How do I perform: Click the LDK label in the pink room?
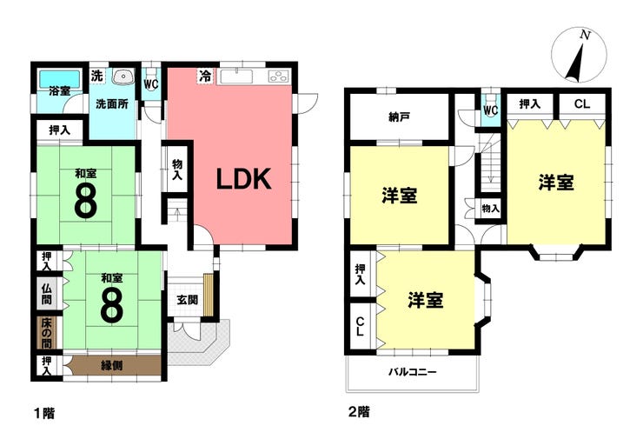[x=243, y=179]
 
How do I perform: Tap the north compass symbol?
[x=579, y=56]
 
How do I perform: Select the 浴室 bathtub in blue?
[x=60, y=78]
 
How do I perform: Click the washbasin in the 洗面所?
[x=123, y=76]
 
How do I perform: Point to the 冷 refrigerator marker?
[x=205, y=76]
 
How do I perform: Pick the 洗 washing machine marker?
[x=96, y=76]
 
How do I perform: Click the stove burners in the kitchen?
[x=279, y=76]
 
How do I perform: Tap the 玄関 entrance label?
[x=187, y=300]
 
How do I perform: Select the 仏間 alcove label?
[x=46, y=294]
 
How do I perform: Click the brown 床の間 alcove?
[x=46, y=332]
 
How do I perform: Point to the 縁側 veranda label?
[x=111, y=365]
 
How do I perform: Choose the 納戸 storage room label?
[x=400, y=117]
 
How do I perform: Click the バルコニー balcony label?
[x=413, y=373]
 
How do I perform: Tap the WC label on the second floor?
[x=490, y=110]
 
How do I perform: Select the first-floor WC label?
[x=151, y=84]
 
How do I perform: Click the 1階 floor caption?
[x=44, y=413]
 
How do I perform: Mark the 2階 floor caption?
[x=359, y=411]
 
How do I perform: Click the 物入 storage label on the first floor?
[x=176, y=170]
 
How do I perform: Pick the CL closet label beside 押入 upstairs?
[x=582, y=103]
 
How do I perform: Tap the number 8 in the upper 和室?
[x=86, y=202]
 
